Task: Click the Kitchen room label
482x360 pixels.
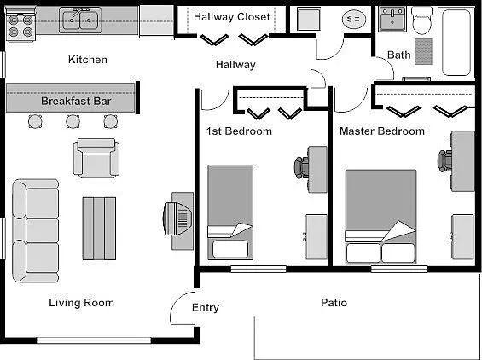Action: tap(88, 60)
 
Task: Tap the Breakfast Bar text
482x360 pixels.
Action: tap(76, 101)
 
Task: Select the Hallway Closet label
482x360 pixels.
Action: tap(232, 16)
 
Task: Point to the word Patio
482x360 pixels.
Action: tap(334, 303)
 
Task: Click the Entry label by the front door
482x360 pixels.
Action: tap(206, 307)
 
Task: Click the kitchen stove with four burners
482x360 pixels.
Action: tap(20, 24)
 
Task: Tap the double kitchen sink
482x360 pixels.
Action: tap(80, 20)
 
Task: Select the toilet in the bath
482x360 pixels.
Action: tap(421, 20)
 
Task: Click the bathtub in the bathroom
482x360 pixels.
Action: tap(456, 43)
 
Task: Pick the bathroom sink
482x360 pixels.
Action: tap(392, 19)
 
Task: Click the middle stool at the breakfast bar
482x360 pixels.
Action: tap(73, 121)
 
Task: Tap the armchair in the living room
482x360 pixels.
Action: tap(96, 158)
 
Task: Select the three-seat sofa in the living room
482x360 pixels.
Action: tap(35, 230)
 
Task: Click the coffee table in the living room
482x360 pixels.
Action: tap(99, 229)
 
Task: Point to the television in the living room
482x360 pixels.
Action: tap(177, 218)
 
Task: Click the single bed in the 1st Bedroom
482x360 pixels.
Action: tap(230, 212)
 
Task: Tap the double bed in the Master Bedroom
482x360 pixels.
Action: tap(380, 217)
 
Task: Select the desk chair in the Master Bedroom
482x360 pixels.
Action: tap(444, 160)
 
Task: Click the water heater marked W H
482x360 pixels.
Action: tap(353, 19)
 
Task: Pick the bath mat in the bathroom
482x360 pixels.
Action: tap(423, 51)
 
